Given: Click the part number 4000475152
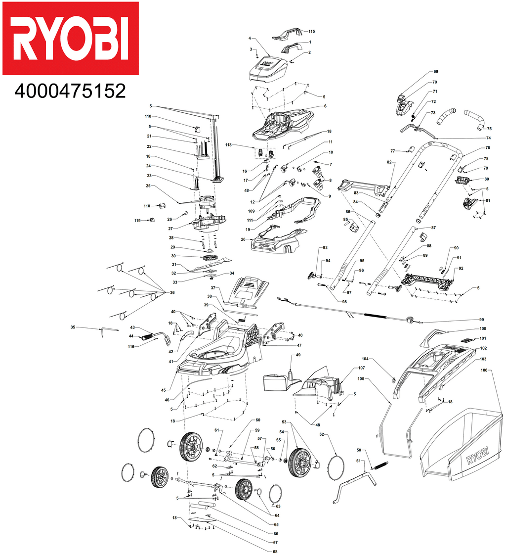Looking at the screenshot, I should [x=70, y=91].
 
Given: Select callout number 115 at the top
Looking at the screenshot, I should [x=311, y=31].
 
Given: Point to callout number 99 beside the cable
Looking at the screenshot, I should [x=481, y=320].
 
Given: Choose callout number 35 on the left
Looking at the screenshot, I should [x=73, y=327].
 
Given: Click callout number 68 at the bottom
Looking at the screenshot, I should [x=275, y=551].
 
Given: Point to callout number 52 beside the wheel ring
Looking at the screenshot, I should [x=321, y=435].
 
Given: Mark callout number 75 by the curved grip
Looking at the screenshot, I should [x=489, y=129].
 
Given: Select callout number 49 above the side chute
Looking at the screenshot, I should [x=298, y=355].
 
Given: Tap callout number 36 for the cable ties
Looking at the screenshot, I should [x=172, y=292].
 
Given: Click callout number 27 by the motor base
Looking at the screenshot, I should [x=170, y=229].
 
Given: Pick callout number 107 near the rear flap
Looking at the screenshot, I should [x=361, y=368].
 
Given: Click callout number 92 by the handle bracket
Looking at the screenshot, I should [x=461, y=268].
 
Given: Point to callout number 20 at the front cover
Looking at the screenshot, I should [x=243, y=239].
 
